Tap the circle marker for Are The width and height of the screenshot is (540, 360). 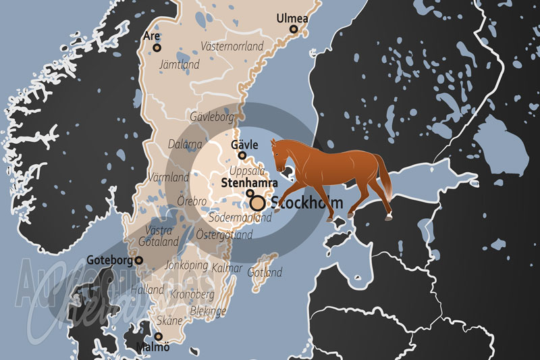[157, 48]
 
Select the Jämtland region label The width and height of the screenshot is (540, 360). [179, 66]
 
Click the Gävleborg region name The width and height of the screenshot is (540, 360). [211, 116]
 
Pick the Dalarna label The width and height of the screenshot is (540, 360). [185, 144]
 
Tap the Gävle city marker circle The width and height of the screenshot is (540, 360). [242, 155]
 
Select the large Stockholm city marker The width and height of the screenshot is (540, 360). [257, 202]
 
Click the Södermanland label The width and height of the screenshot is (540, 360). [240, 218]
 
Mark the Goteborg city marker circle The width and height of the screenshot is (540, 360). [139, 260]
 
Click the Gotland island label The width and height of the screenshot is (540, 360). [265, 273]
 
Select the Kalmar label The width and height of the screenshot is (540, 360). [226, 268]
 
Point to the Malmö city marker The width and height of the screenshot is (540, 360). [159, 336]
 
